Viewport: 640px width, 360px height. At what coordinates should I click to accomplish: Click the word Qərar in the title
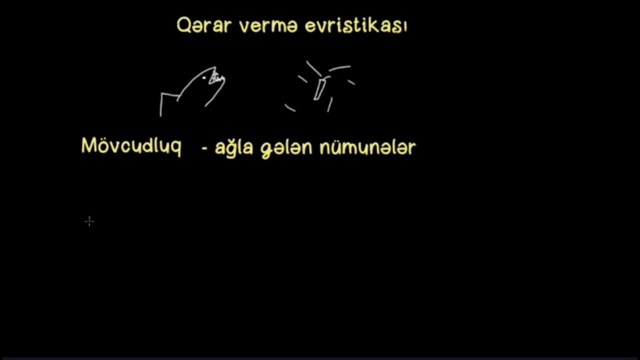(x=203, y=25)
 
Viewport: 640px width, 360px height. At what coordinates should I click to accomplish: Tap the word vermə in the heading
(x=268, y=26)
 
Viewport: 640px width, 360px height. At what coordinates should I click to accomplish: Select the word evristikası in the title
(x=356, y=25)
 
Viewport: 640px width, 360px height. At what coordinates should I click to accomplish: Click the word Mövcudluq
(x=131, y=146)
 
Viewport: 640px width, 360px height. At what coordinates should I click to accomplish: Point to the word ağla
(x=234, y=147)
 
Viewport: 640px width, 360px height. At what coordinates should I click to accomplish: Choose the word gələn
(x=286, y=149)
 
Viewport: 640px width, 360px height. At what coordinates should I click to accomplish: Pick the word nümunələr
(x=367, y=147)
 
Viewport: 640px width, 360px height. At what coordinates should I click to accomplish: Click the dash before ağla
(x=204, y=148)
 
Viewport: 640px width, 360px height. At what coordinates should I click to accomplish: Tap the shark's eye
(x=204, y=77)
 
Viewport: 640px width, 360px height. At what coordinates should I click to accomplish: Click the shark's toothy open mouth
(x=216, y=77)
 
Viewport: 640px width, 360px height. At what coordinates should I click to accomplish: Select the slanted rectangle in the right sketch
(x=319, y=89)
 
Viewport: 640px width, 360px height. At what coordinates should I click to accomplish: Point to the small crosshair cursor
(x=89, y=221)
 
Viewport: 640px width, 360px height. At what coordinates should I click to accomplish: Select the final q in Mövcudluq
(x=175, y=148)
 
